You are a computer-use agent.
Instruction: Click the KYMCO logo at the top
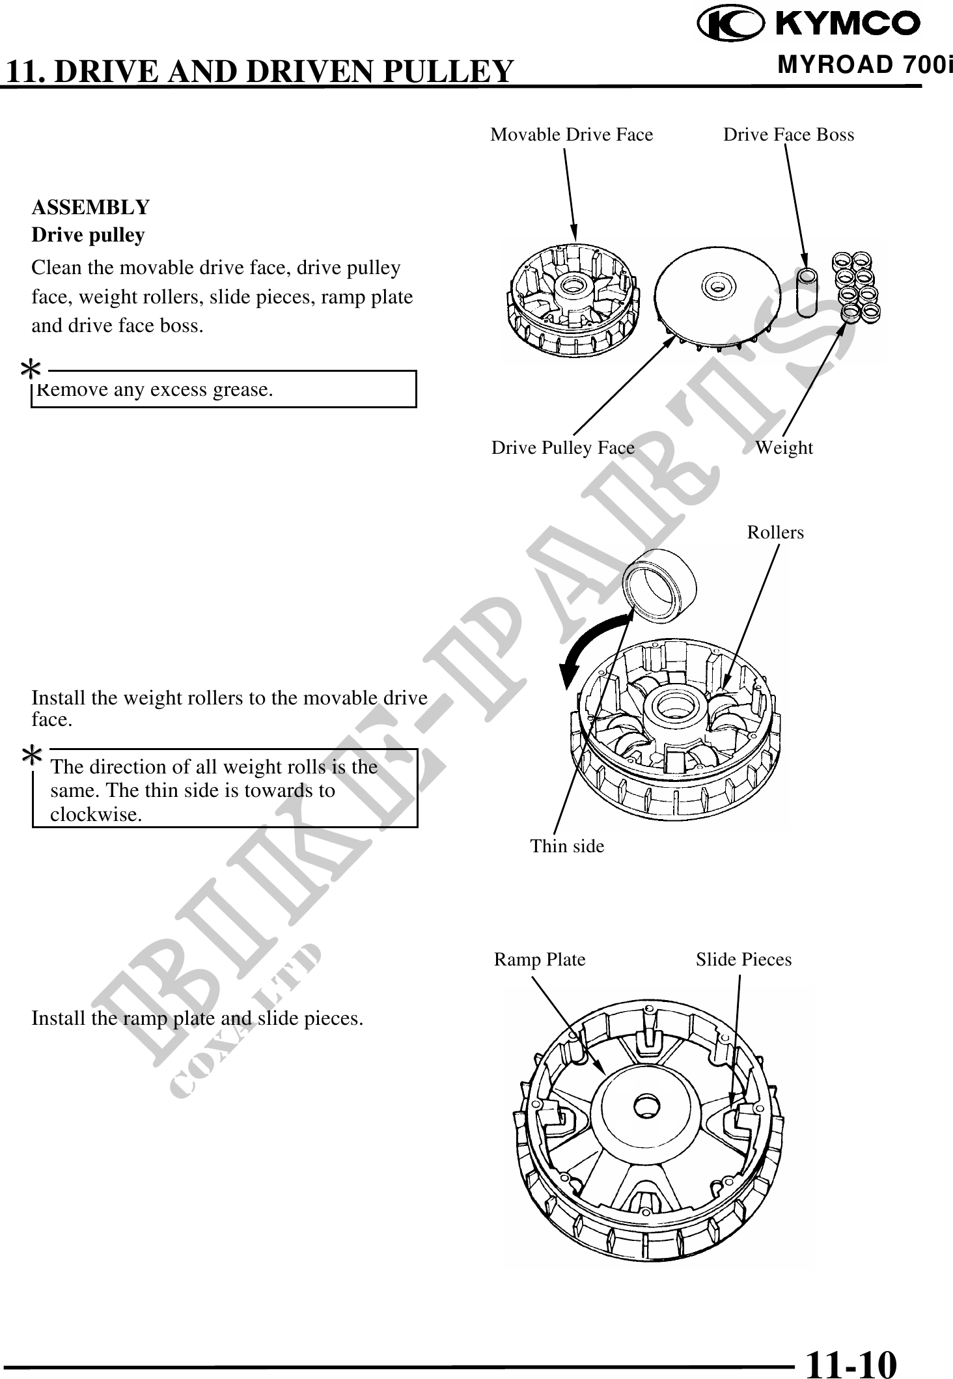(808, 25)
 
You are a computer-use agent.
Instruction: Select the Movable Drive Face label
(571, 135)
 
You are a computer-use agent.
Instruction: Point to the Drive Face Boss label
(788, 135)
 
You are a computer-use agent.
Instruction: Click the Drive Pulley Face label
(562, 448)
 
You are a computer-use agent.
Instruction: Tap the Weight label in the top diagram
(784, 448)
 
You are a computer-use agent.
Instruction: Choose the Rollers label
(775, 533)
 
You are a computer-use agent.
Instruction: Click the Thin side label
(566, 846)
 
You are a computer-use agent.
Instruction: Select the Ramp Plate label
(540, 960)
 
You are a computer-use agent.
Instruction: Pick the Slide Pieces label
(743, 960)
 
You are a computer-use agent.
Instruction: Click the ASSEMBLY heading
(90, 208)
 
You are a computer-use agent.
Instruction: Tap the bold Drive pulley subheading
(88, 235)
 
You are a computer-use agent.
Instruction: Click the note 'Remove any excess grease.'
(155, 390)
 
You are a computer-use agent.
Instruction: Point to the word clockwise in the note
(96, 815)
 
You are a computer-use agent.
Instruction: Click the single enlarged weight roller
(659, 582)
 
